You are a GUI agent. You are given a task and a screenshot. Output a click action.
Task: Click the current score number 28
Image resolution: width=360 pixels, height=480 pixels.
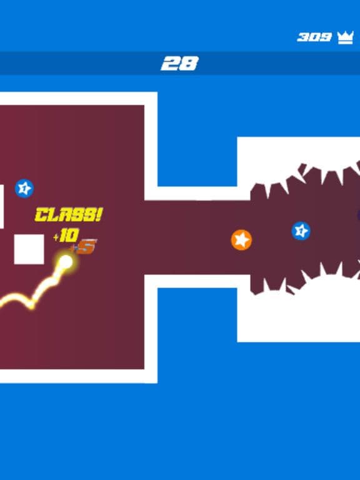click(x=180, y=63)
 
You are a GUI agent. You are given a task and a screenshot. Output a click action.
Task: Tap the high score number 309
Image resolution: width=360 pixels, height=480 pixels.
click(x=314, y=37)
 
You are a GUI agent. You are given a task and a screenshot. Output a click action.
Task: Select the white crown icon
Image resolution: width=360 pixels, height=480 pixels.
click(x=345, y=37)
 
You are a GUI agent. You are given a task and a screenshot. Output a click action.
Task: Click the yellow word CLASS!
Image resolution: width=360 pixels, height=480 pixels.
click(x=69, y=214)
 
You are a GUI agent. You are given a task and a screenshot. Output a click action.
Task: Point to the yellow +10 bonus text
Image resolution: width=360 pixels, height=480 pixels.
click(x=66, y=236)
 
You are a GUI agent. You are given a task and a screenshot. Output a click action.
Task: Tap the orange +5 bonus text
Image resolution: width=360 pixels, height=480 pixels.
click(x=84, y=247)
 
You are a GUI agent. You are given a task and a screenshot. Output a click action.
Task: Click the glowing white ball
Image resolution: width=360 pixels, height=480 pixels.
click(x=66, y=262)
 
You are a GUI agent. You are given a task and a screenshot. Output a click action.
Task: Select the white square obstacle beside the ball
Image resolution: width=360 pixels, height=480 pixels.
click(x=29, y=249)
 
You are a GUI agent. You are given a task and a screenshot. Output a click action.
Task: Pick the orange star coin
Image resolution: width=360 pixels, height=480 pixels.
click(x=241, y=240)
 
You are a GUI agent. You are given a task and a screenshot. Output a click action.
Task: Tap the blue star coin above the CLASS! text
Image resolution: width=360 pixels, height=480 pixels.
click(x=24, y=189)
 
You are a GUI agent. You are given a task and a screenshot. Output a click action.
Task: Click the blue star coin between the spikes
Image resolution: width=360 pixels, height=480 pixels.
click(x=301, y=231)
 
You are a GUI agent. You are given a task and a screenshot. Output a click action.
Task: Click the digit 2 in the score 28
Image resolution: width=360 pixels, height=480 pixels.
click(x=170, y=64)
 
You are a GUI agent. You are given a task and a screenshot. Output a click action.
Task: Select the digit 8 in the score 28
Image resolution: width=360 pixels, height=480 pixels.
click(x=190, y=63)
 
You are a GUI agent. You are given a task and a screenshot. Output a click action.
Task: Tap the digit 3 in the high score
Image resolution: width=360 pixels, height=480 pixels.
click(x=303, y=37)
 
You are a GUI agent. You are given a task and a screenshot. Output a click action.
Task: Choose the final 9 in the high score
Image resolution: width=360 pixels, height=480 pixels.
click(x=326, y=37)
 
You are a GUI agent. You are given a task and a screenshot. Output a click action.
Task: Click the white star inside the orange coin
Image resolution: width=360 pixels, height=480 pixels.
click(x=242, y=240)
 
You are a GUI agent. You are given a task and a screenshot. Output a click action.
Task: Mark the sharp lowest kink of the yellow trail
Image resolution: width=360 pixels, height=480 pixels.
click(x=31, y=306)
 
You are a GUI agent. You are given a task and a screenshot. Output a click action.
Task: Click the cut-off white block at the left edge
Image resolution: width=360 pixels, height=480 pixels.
click(x=2, y=207)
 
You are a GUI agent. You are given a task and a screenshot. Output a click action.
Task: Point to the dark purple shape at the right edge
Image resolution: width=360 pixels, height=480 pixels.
click(x=359, y=215)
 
